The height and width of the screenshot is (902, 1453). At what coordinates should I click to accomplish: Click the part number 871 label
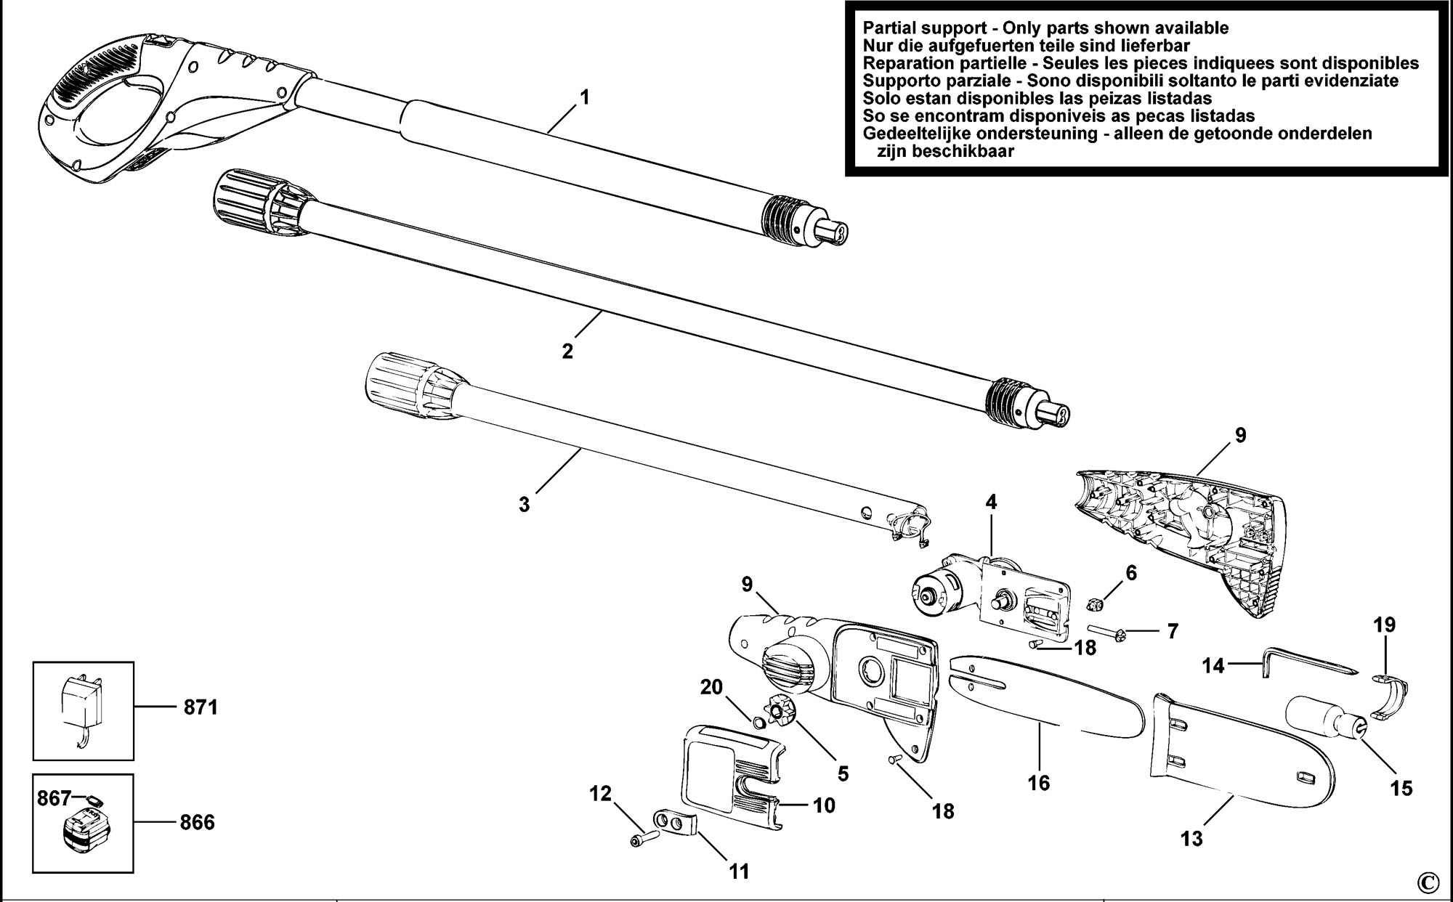[200, 707]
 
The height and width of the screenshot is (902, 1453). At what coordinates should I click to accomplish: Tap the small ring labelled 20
[757, 723]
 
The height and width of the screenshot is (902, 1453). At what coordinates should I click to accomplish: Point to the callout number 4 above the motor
[991, 502]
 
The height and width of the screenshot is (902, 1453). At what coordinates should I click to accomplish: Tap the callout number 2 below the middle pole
[567, 351]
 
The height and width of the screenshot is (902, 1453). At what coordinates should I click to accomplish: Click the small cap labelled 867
[92, 800]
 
